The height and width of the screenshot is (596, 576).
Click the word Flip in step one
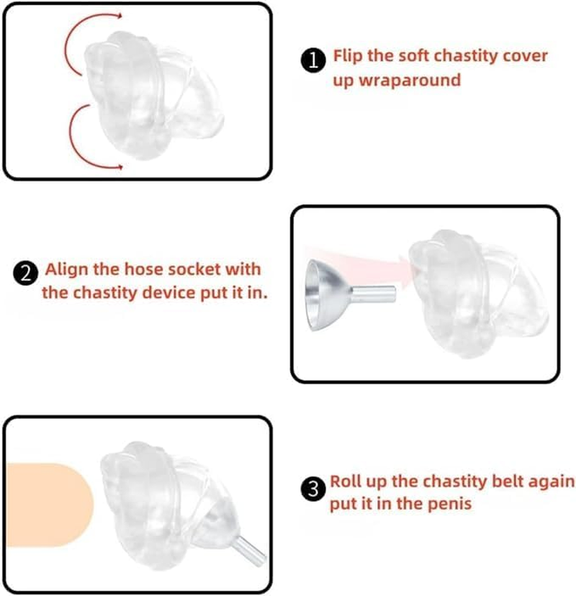[348, 56]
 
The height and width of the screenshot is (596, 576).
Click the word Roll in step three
[346, 481]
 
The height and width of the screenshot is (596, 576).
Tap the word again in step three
[552, 481]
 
